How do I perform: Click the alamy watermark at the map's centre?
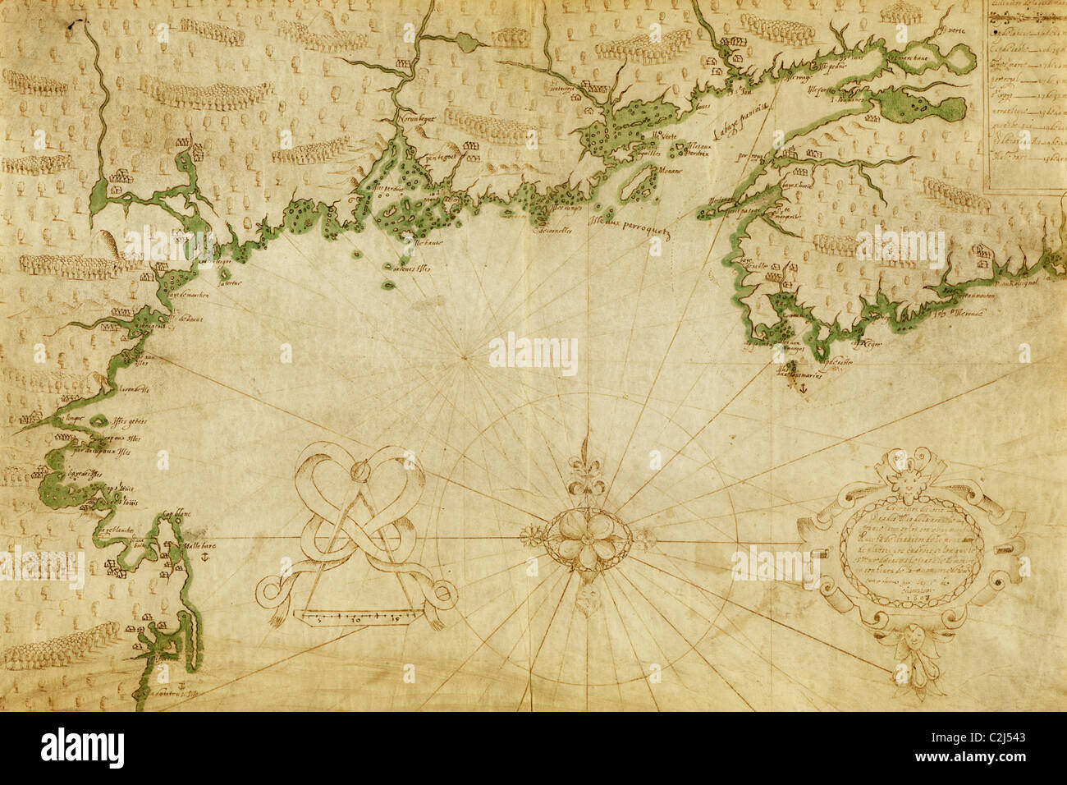point(533,354)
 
